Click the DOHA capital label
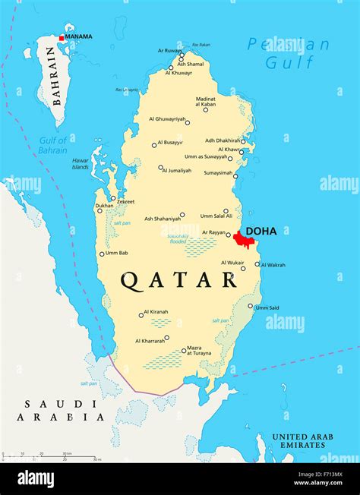click(261, 231)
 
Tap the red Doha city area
click(243, 240)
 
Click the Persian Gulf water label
click(289, 53)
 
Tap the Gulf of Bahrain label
click(53, 145)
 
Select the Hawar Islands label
click(81, 164)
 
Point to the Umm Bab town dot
click(101, 254)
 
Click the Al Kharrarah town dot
click(166, 338)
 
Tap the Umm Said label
click(267, 308)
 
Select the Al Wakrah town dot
click(257, 265)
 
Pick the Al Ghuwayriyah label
click(167, 119)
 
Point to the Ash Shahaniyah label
click(163, 218)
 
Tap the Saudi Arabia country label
click(64, 410)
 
